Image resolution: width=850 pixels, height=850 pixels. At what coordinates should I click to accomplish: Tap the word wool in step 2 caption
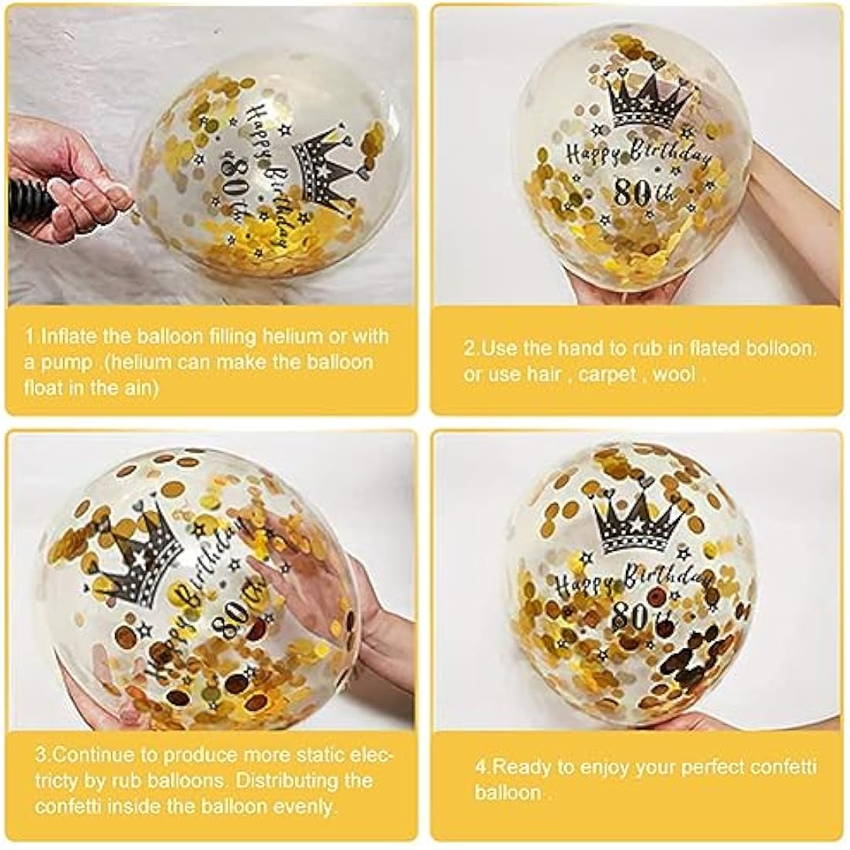click(x=673, y=374)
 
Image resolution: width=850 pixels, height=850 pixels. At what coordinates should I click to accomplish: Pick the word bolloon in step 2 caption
click(x=779, y=348)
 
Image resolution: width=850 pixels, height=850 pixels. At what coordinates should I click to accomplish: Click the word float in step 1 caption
click(x=43, y=388)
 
